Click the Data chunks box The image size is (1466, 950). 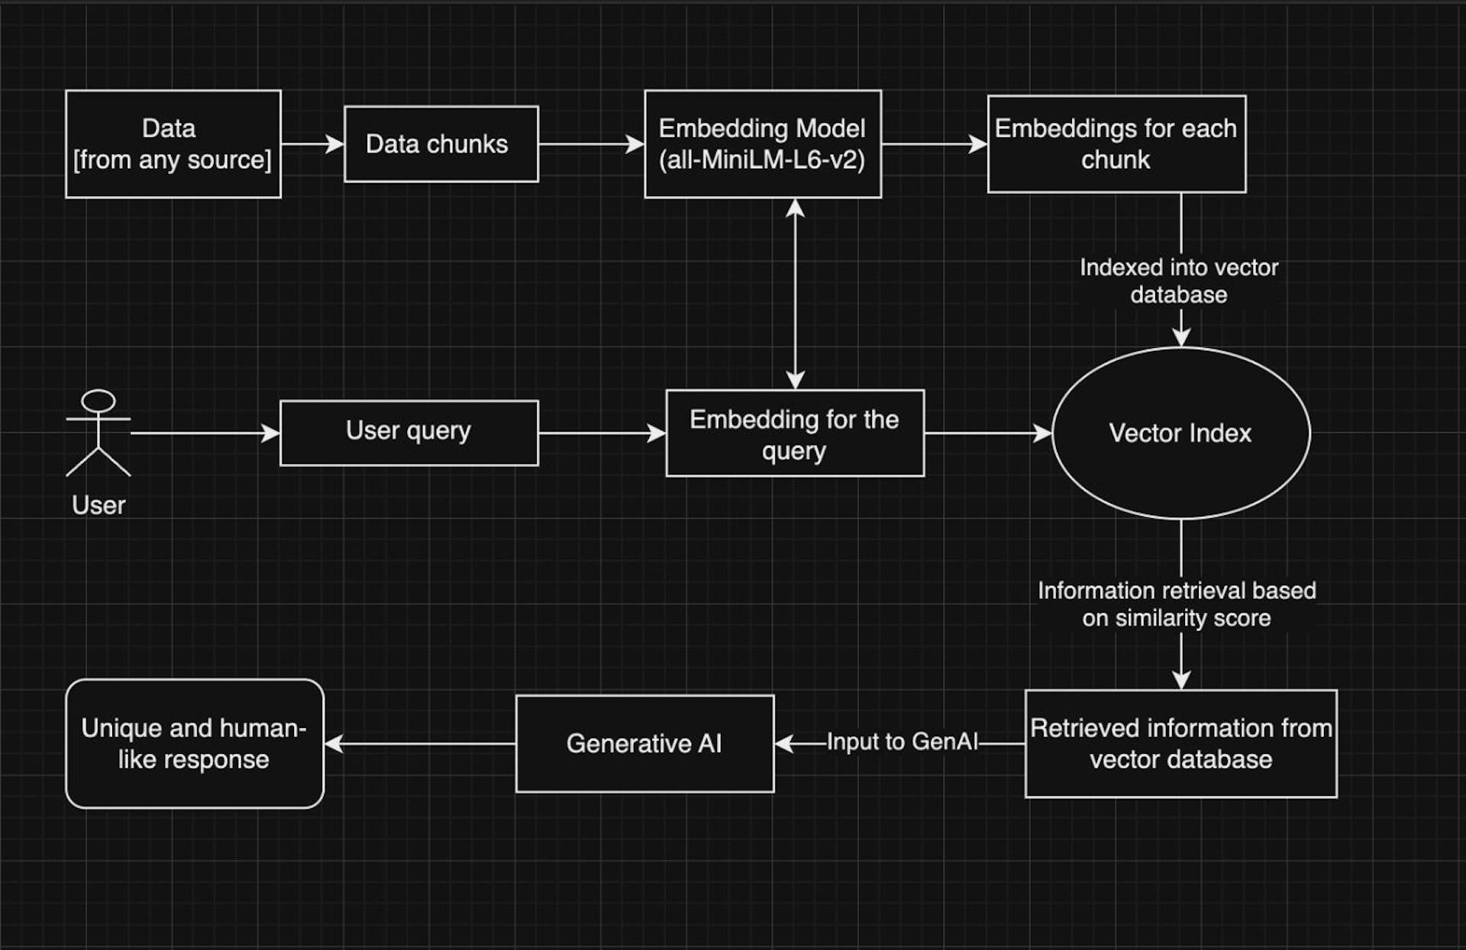pyautogui.click(x=441, y=143)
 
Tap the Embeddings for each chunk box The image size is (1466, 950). pyautogui.click(x=1116, y=143)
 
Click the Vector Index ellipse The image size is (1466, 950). pyautogui.click(x=1180, y=433)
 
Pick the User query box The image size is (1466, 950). pyautogui.click(x=408, y=432)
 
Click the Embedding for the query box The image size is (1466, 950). pyautogui.click(x=794, y=433)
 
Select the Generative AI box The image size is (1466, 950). pyautogui.click(x=644, y=743)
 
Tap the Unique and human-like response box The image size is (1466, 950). pyautogui.click(x=195, y=743)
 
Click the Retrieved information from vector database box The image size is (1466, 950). pyautogui.click(x=1180, y=743)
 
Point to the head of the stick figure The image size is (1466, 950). pyautogui.click(x=98, y=401)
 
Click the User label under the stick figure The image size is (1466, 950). pyautogui.click(x=98, y=504)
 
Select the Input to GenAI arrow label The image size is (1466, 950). pyautogui.click(x=902, y=742)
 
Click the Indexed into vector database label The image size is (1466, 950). pyautogui.click(x=1178, y=281)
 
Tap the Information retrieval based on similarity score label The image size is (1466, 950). pyautogui.click(x=1177, y=604)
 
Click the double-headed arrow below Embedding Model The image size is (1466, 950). pyautogui.click(x=795, y=294)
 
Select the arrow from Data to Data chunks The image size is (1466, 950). pyautogui.click(x=312, y=143)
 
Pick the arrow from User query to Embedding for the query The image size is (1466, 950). pyautogui.click(x=601, y=433)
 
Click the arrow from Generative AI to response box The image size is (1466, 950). pyautogui.click(x=420, y=743)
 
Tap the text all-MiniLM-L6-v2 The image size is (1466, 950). pyautogui.click(x=762, y=160)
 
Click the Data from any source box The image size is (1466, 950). pyautogui.click(x=173, y=143)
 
